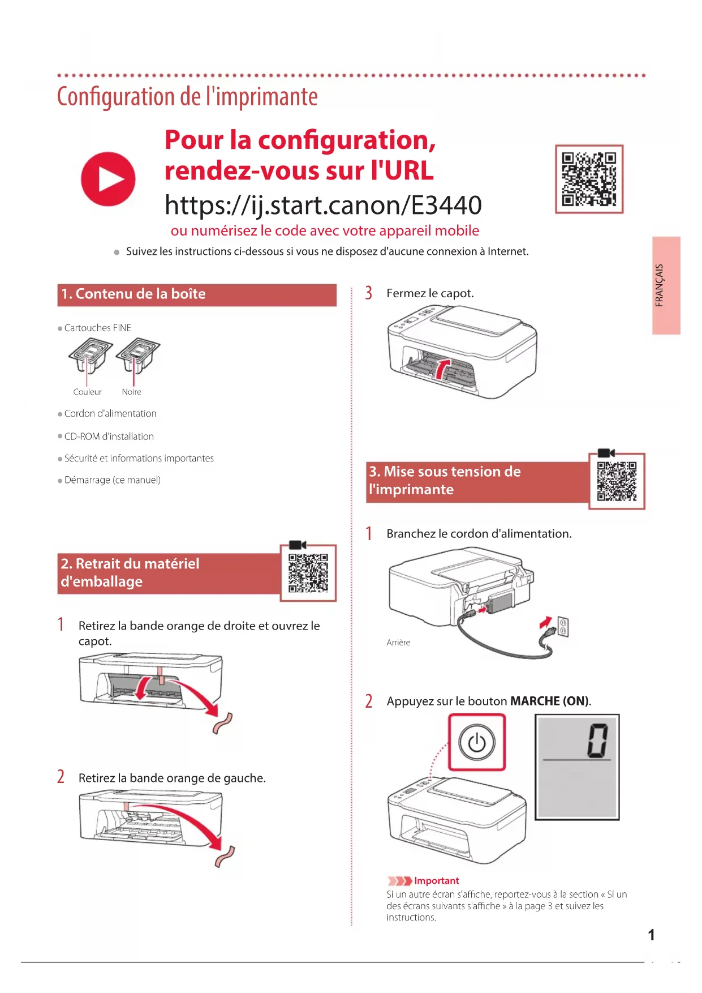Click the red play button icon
click(x=108, y=179)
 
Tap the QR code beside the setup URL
click(x=589, y=179)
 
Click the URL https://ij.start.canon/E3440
click(x=323, y=205)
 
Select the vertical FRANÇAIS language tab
click(x=666, y=285)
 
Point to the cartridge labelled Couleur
click(x=90, y=356)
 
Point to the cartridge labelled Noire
click(x=137, y=356)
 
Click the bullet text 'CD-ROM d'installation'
click(x=109, y=436)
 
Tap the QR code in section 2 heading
click(x=308, y=573)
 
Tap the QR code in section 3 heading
click(x=617, y=481)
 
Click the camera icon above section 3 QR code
click(x=606, y=453)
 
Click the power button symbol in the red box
click(x=477, y=742)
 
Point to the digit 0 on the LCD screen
click(x=597, y=739)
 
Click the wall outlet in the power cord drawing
click(x=563, y=627)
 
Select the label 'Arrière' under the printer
click(x=398, y=643)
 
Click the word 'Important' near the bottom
click(x=436, y=880)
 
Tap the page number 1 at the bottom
click(x=651, y=935)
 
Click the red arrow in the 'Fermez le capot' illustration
click(x=442, y=368)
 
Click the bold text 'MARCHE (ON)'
click(x=549, y=701)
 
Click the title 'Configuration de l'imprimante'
click(x=187, y=97)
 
